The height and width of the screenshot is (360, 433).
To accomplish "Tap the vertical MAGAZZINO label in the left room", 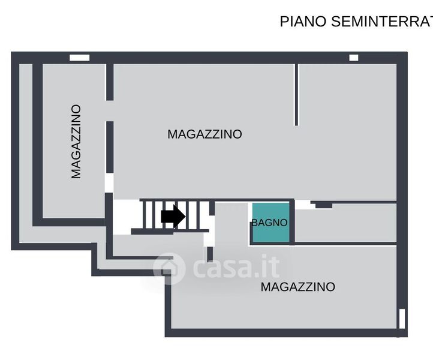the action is (76, 142).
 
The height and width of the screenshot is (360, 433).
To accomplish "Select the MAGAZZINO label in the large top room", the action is (205, 134).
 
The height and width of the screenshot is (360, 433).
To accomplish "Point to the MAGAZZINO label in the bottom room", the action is (297, 287).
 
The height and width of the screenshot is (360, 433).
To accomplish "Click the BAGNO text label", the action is (269, 223).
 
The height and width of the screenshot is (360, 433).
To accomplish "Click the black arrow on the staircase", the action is (173, 216).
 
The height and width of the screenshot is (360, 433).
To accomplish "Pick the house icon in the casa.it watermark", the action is (169, 268).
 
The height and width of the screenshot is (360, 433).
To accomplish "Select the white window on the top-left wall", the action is (79, 58).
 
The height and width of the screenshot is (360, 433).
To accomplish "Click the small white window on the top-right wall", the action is (354, 58).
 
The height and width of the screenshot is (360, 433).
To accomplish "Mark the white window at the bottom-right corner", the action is (402, 318).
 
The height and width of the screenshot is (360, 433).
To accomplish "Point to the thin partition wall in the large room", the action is (296, 95).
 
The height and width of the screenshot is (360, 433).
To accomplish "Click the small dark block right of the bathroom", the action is (324, 205).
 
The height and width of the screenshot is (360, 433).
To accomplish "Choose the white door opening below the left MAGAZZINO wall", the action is (109, 182).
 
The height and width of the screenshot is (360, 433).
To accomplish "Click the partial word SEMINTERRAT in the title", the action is (381, 22).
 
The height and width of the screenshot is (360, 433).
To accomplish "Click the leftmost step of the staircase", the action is (144, 215).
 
